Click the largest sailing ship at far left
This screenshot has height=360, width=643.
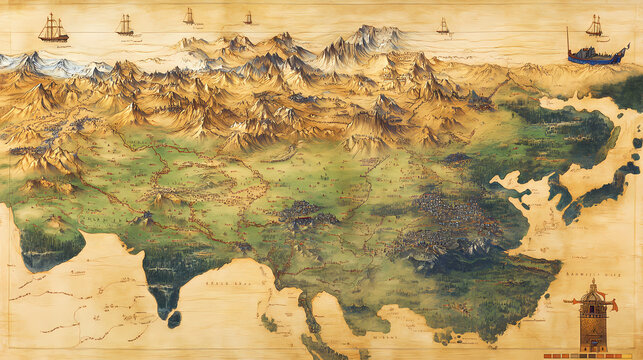pyautogui.click(x=53, y=29)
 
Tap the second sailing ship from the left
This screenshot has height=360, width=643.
pyautogui.click(x=125, y=25)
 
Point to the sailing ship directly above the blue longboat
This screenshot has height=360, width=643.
pyautogui.click(x=594, y=26)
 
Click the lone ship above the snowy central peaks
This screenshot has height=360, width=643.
pyautogui.click(x=442, y=26)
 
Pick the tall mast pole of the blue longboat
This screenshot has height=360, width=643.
pyautogui.click(x=569, y=42)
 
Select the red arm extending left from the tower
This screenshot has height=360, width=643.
pyautogui.click(x=574, y=300)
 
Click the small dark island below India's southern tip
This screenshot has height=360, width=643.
pyautogui.click(x=174, y=319)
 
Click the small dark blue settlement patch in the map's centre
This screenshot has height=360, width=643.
pyautogui.click(x=310, y=212)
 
